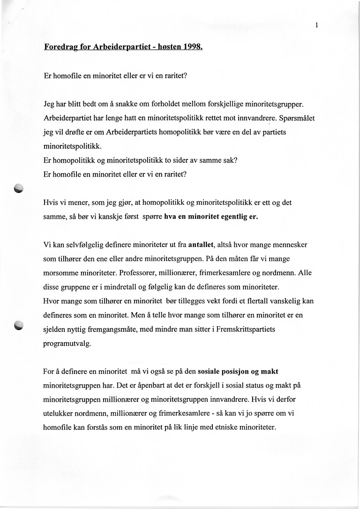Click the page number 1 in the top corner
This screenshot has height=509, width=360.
[317, 26]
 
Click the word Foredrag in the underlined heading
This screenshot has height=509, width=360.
[61, 47]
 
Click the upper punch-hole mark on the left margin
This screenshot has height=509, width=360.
[18, 188]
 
